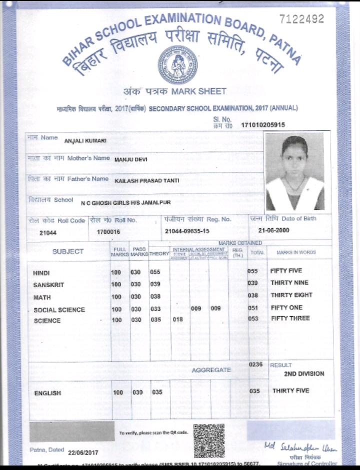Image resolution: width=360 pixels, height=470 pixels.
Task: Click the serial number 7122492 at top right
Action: coord(301,19)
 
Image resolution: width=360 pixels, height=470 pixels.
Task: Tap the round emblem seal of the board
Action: coord(178,64)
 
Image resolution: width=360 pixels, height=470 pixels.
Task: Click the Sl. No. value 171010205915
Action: coord(263,124)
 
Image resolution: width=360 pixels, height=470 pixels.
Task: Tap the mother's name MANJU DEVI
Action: coord(131,160)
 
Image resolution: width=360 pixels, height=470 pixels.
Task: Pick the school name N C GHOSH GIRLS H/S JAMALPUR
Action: coord(125,202)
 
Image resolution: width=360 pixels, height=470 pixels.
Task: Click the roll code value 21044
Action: coord(48,233)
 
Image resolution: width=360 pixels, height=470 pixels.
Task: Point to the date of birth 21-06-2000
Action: coord(274,231)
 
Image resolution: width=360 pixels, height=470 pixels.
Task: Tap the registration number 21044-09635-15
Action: coord(187,231)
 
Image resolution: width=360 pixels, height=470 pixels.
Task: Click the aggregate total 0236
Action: coord(256,365)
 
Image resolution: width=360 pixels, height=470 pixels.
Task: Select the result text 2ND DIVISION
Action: coord(304,374)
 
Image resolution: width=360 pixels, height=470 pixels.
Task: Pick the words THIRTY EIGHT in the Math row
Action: coord(291,295)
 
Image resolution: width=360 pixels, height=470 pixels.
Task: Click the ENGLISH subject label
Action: coord(47,393)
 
